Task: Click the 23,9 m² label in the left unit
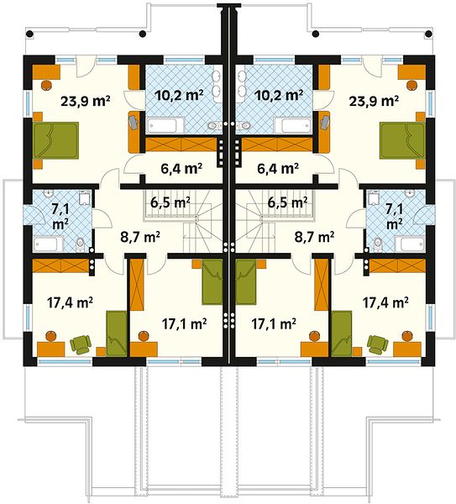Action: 86,102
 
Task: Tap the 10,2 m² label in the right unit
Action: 279,95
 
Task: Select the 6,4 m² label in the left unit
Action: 181,168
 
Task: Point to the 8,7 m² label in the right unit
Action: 314,237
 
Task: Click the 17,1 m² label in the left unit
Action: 184,323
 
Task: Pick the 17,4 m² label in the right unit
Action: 385,302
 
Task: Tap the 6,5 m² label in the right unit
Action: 287,202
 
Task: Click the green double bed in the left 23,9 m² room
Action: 56,140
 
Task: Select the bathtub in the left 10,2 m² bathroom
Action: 165,125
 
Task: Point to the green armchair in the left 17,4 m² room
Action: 81,344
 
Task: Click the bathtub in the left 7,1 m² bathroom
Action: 49,244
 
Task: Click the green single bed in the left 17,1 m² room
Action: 212,282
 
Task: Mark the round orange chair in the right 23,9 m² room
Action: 411,85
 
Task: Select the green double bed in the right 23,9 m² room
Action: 402,140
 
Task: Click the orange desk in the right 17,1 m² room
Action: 314,349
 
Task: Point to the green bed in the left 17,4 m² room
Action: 117,333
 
